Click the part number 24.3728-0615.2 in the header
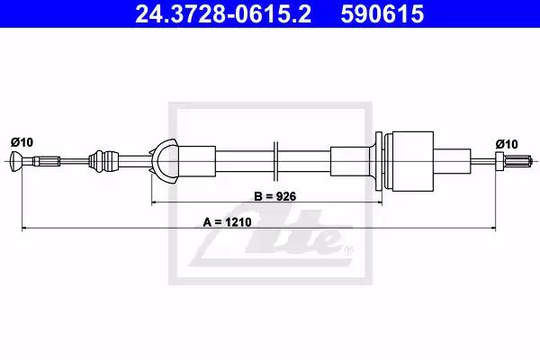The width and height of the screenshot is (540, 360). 223,13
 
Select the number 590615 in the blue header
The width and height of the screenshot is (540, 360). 382,13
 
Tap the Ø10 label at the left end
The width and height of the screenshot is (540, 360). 22,142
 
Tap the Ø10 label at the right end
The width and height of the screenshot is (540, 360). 507,144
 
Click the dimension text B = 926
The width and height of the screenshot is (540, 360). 274,196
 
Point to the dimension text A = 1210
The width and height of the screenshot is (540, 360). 228,222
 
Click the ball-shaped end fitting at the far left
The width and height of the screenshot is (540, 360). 16,161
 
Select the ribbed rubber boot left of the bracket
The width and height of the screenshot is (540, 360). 103,161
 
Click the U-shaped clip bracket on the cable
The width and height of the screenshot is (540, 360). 165,161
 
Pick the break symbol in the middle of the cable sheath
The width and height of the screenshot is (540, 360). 275,161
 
